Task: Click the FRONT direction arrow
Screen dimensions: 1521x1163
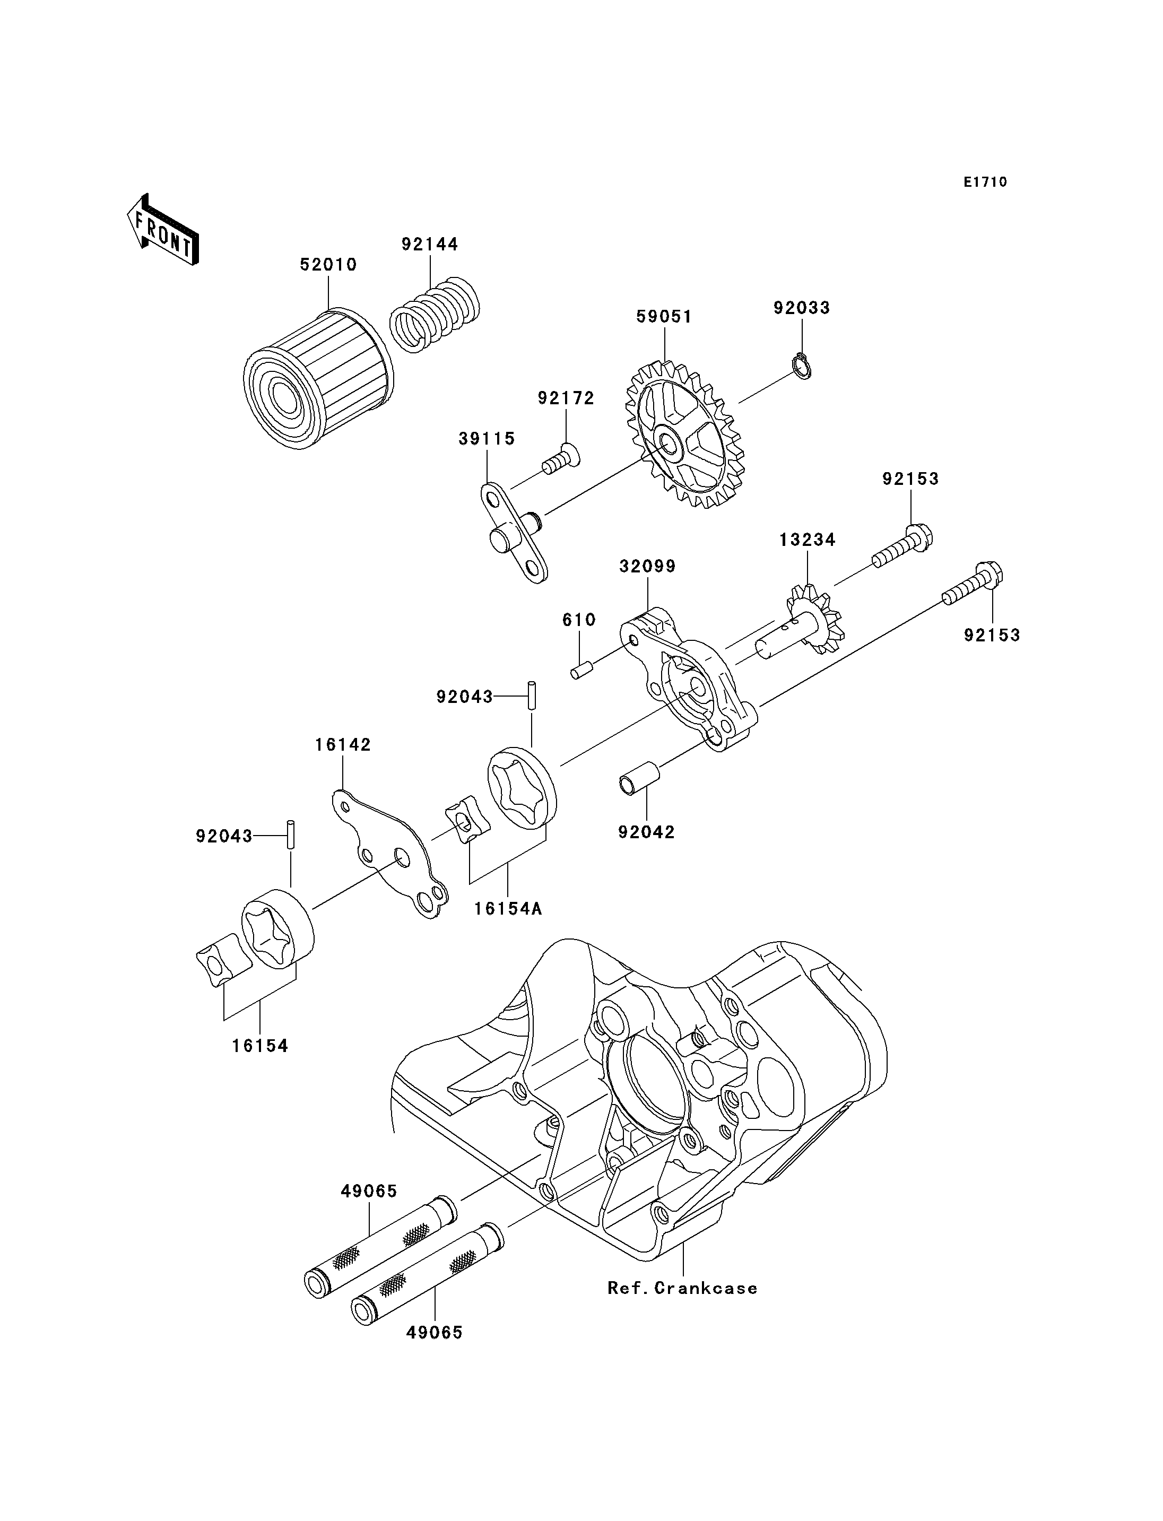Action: (163, 231)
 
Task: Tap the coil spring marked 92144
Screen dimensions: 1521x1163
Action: (435, 315)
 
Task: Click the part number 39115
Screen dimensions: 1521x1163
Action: (487, 438)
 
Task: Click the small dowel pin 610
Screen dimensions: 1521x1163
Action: (580, 670)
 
